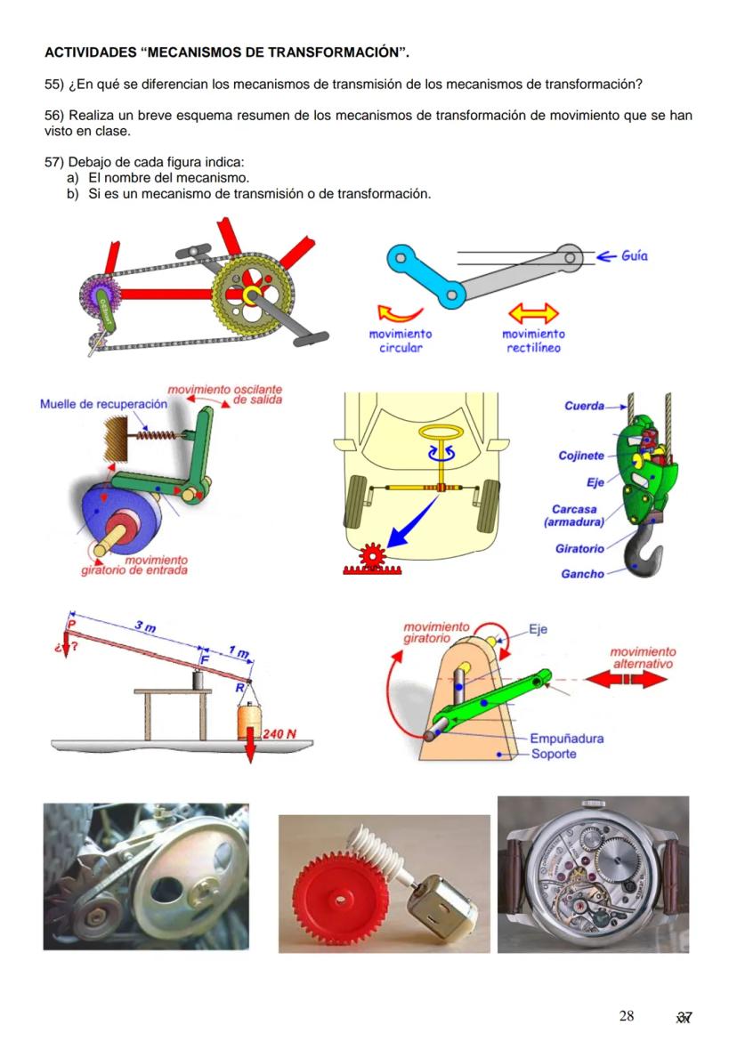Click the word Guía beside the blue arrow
(634, 256)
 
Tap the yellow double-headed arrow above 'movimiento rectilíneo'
(532, 313)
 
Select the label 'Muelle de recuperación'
(103, 404)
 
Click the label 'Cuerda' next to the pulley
(584, 406)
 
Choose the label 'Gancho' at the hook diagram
(582, 574)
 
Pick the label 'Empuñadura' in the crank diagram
(566, 739)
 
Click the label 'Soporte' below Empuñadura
(554, 755)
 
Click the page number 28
(627, 1016)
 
